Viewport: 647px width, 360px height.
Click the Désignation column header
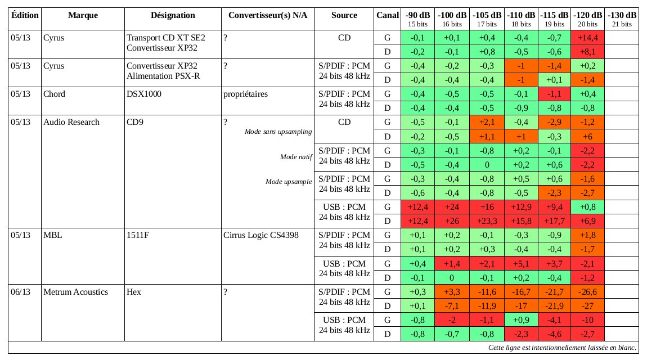tap(173, 15)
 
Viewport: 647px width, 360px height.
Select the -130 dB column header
tap(623, 15)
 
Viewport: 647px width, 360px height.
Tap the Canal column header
tap(387, 15)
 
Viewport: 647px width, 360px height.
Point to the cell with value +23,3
tap(487, 220)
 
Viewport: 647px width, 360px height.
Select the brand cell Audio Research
tap(71, 122)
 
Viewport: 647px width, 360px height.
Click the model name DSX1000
tap(144, 94)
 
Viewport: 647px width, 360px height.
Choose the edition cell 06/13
tap(22, 291)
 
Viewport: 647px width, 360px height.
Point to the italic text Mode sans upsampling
tap(278, 132)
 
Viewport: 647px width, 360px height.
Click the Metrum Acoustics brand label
tap(75, 291)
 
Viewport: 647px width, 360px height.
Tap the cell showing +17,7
tap(555, 220)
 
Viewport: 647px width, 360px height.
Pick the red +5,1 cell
tap(522, 263)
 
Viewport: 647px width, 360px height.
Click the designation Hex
tap(134, 291)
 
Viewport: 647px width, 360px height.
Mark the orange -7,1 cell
tap(453, 305)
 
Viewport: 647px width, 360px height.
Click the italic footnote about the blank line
tap(562, 347)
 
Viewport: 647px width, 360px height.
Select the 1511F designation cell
tap(138, 235)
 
